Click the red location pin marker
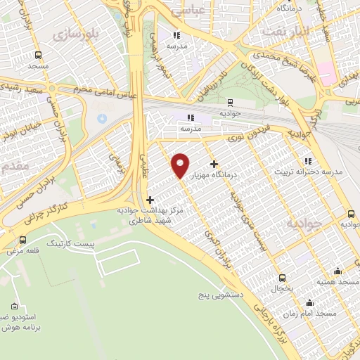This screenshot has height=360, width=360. click(181, 165)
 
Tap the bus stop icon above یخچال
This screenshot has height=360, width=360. click(283, 278)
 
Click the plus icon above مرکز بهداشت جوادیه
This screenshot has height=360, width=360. click(149, 200)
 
